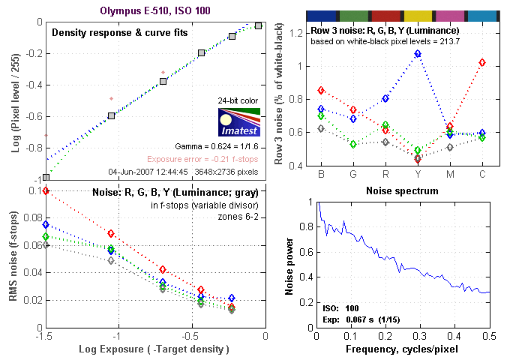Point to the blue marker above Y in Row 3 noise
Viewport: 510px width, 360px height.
(x=418, y=54)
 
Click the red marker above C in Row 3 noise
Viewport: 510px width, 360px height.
(x=482, y=61)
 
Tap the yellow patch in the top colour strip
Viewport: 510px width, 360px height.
(x=418, y=15)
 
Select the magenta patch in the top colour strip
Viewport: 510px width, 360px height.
(x=451, y=15)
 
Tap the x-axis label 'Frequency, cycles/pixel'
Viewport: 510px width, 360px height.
(x=402, y=350)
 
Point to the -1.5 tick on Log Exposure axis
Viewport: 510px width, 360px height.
(x=46, y=337)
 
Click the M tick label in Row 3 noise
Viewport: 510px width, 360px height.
(x=450, y=175)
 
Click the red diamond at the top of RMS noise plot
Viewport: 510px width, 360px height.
(x=46, y=191)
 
